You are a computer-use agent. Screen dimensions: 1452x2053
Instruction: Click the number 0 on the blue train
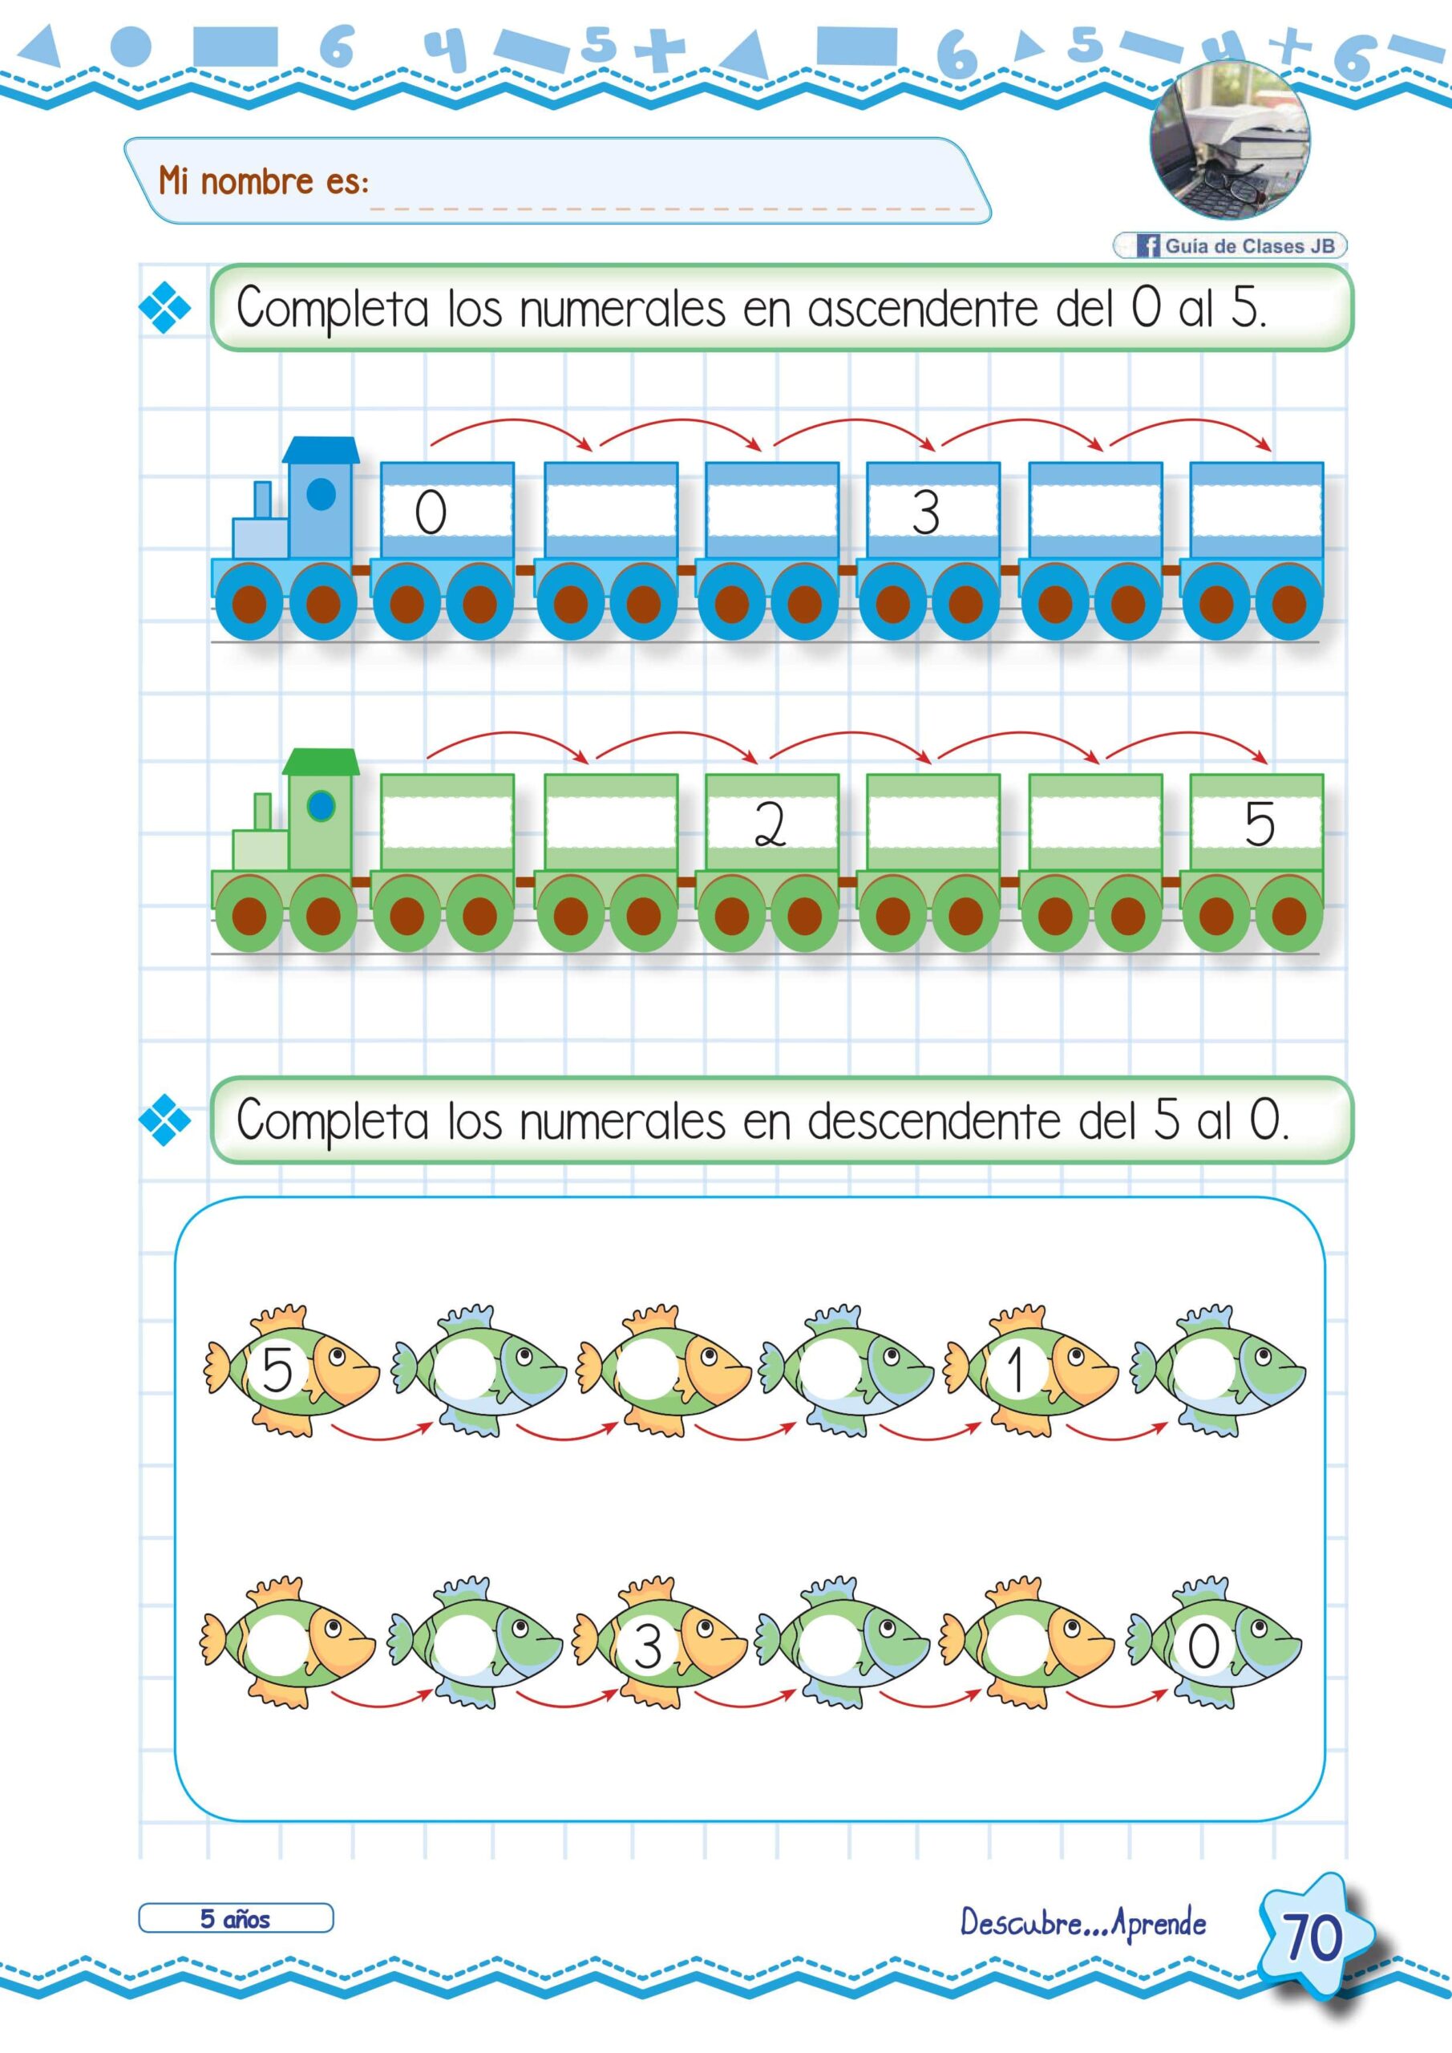[430, 512]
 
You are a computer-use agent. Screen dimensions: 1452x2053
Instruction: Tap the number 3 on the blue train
[925, 512]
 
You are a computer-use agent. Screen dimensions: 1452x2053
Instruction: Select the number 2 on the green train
[770, 824]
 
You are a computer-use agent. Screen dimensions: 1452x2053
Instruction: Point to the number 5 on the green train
[1259, 824]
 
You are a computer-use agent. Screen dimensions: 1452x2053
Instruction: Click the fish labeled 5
[290, 1370]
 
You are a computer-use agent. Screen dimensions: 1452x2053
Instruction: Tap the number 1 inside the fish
[1015, 1371]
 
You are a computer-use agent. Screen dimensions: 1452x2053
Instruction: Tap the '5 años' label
[235, 1919]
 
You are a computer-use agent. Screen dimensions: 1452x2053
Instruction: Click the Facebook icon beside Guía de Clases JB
[1148, 245]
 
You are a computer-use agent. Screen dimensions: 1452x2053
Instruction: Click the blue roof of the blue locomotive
[321, 451]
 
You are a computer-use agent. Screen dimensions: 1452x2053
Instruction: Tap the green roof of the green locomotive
[321, 762]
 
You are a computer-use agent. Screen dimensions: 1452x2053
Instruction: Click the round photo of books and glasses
[1229, 140]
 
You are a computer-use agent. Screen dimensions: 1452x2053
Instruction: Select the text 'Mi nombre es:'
[264, 181]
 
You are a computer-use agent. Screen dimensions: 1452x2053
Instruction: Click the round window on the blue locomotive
[321, 493]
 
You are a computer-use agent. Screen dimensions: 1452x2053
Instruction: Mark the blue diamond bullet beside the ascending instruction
[165, 309]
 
